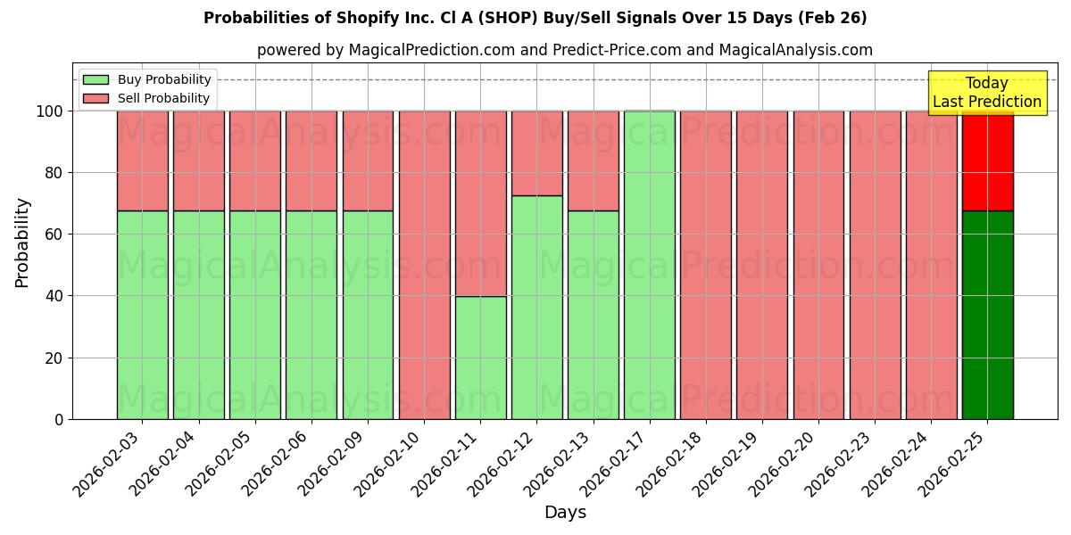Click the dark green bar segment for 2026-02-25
click(987, 315)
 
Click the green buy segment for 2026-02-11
click(480, 358)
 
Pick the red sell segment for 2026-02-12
click(536, 152)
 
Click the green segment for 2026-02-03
click(142, 315)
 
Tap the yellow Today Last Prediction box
click(986, 93)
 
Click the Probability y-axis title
click(22, 242)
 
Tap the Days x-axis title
click(565, 513)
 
